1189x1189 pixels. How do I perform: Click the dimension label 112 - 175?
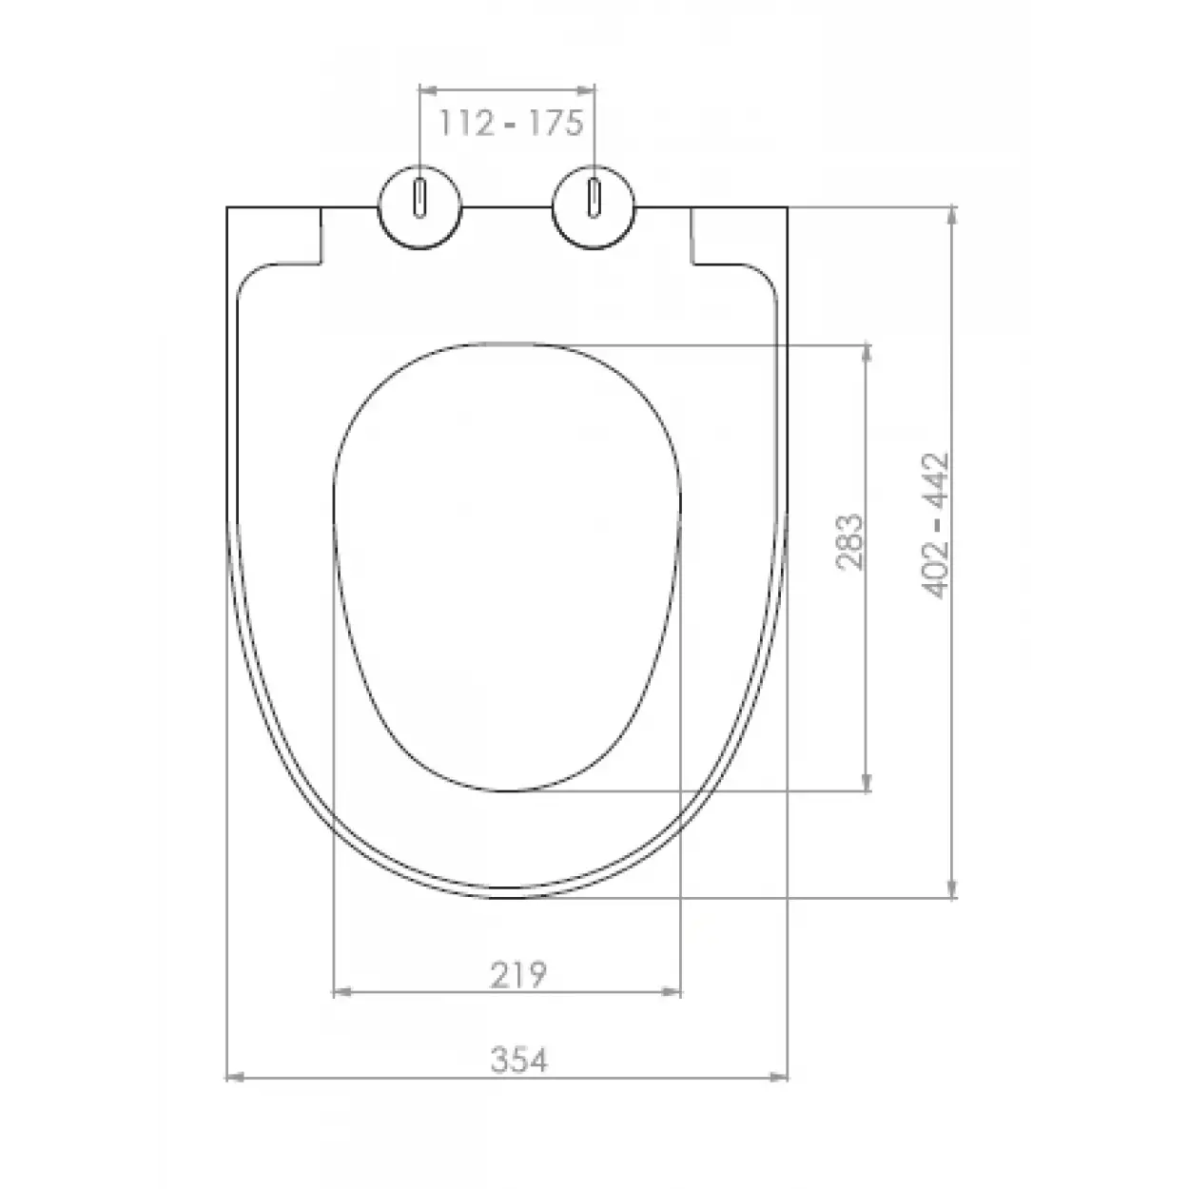pyautogui.click(x=510, y=123)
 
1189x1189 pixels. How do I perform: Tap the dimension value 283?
pyautogui.click(x=848, y=541)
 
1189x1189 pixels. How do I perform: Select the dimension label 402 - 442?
pyautogui.click(x=934, y=525)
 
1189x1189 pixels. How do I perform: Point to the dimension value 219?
pyautogui.click(x=518, y=975)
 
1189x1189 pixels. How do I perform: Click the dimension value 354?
pyautogui.click(x=519, y=1060)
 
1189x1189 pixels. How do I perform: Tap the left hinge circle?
pyautogui.click(x=419, y=207)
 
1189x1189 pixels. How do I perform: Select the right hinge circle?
pyautogui.click(x=594, y=207)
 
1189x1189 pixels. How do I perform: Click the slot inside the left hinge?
pyautogui.click(x=419, y=199)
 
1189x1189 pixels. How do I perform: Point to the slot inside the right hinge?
pyautogui.click(x=594, y=199)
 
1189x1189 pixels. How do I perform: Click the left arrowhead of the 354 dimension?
pyautogui.click(x=234, y=1078)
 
